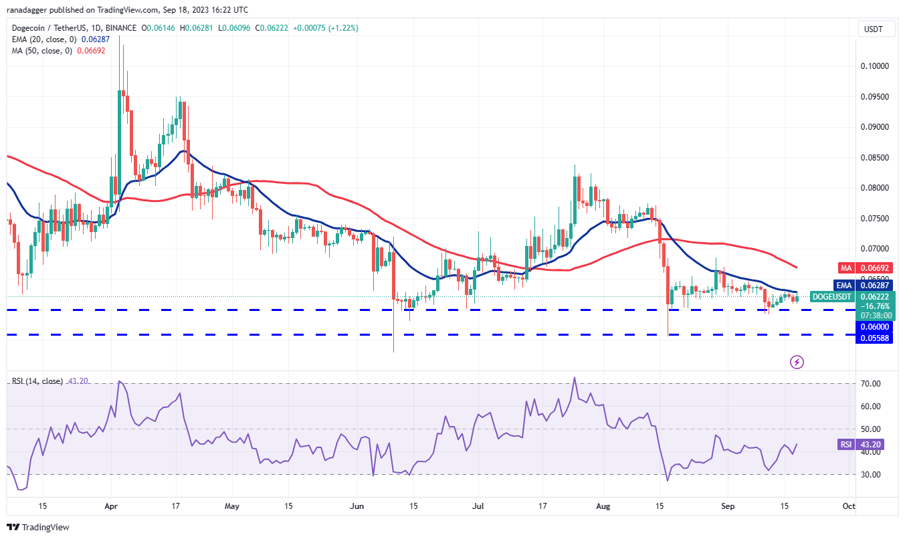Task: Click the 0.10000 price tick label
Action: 875,66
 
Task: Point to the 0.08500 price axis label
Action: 875,158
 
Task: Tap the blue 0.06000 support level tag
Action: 875,326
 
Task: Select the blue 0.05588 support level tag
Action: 875,338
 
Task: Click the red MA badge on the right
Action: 845,267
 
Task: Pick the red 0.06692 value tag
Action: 875,267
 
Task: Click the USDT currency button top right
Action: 874,29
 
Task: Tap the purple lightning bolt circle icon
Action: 797,362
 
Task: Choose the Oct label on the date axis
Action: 848,506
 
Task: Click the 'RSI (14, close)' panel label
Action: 37,381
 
